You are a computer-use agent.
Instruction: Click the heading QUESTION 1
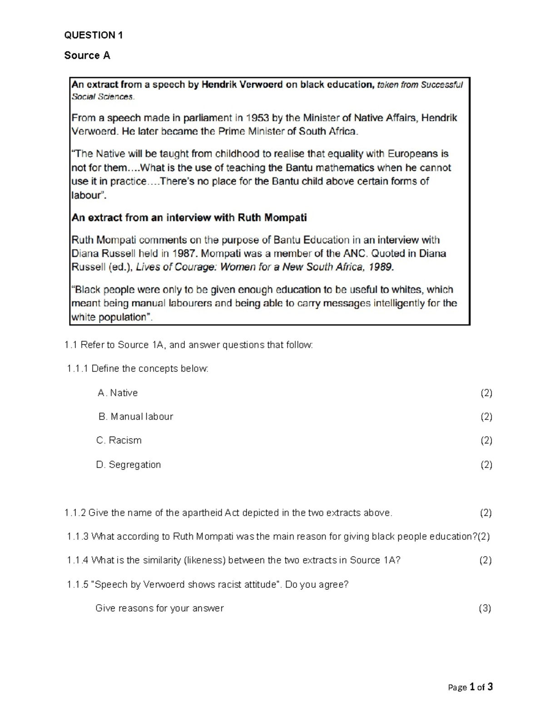(93, 35)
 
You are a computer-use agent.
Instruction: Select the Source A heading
(87, 55)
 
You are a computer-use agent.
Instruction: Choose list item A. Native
(118, 393)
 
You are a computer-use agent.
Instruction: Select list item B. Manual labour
(136, 416)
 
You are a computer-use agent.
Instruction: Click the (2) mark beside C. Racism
(486, 440)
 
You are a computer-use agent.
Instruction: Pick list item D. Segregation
(129, 464)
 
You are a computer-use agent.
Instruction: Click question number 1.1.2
(75, 513)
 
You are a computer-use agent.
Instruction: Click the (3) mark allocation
(485, 608)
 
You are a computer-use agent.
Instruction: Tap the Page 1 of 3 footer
(470, 687)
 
